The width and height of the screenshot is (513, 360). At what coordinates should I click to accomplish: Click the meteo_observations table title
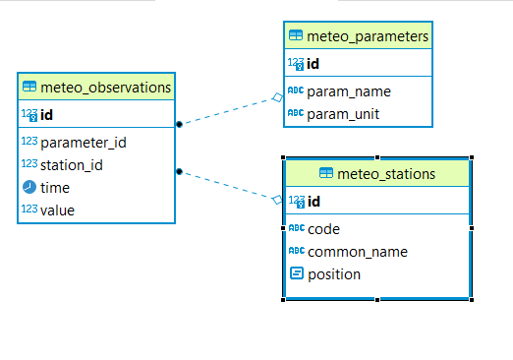105,88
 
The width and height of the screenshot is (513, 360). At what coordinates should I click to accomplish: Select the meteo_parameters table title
368,37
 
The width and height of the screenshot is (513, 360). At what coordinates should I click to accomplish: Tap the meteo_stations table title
385,174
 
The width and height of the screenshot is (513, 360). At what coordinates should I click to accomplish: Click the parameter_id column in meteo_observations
83,142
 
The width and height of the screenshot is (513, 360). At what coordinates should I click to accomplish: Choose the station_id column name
72,164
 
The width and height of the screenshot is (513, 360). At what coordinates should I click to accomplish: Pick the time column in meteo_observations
55,187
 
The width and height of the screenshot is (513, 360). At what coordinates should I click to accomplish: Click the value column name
57,210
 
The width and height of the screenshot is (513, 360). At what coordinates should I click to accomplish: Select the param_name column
349,91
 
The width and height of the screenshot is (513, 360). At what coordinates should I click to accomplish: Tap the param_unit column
344,114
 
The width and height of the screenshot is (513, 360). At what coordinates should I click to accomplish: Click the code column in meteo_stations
323,229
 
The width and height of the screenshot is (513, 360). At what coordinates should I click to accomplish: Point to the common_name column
358,252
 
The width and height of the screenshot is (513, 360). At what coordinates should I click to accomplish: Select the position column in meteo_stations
334,274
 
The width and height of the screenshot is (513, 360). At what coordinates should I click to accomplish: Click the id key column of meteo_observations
46,114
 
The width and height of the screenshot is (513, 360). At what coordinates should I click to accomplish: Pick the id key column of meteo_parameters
313,64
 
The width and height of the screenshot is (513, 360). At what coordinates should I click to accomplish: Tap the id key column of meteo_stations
313,202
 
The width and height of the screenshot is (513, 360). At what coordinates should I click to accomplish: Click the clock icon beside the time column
28,187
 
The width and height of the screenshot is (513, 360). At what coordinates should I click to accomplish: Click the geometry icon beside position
296,274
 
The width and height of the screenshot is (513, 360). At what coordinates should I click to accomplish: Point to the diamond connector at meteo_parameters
278,97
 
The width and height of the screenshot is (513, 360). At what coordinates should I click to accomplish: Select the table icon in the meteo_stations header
326,174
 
